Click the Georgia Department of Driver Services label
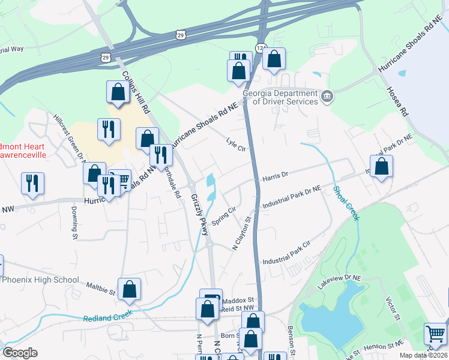point(280,97)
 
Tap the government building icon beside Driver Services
point(327,97)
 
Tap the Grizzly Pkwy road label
point(200,214)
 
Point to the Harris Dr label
point(275,175)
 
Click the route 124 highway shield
point(260,47)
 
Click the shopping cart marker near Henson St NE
point(435,333)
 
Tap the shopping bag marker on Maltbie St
point(129,289)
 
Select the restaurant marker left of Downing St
point(32,182)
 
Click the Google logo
point(20,353)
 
